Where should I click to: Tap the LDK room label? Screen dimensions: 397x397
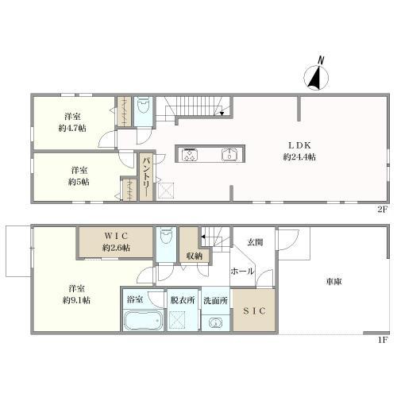[299, 145]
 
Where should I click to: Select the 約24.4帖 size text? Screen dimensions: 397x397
[299, 157]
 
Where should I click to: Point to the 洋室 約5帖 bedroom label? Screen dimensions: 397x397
[77, 175]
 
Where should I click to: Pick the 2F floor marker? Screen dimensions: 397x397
[382, 209]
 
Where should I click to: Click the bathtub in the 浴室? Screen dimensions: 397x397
[142, 322]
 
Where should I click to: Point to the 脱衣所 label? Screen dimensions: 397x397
[182, 300]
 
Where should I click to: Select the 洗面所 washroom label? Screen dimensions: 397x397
[214, 300]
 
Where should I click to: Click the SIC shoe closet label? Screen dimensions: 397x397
[254, 310]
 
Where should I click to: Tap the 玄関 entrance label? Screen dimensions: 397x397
[254, 242]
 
